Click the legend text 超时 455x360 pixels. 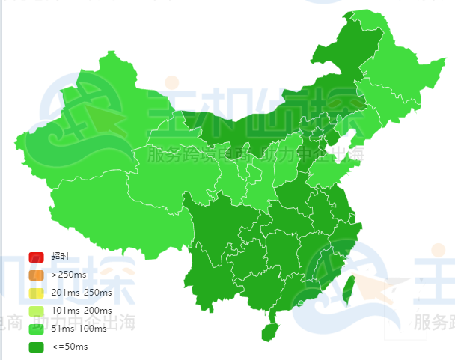[x=60, y=257]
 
